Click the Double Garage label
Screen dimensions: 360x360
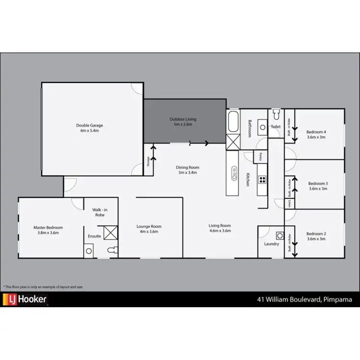point(89,128)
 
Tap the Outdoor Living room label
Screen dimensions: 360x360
point(183,122)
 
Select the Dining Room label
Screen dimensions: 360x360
point(187,170)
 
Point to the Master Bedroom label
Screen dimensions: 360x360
point(48,230)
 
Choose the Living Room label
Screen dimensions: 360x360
point(219,228)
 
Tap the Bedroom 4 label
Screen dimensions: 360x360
point(317,134)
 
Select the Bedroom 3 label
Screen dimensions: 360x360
point(318,186)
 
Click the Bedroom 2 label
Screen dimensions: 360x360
point(317,236)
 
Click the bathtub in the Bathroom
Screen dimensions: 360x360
point(234,122)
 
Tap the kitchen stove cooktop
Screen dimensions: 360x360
point(263,180)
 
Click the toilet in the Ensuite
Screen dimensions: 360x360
point(111,250)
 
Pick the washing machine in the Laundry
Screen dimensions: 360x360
point(280,236)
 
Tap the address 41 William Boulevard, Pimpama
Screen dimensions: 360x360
point(304,300)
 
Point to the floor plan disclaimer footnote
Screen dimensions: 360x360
point(43,287)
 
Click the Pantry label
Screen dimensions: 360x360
point(260,156)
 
